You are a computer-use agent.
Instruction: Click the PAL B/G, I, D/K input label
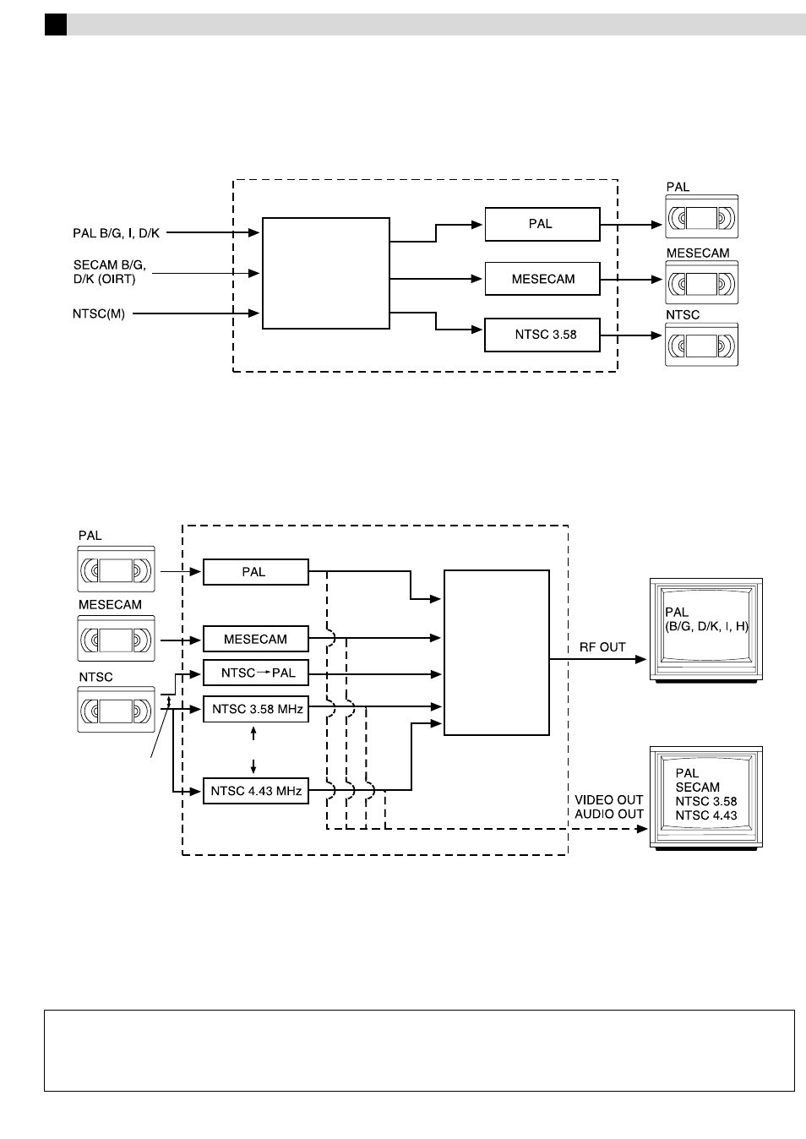116,233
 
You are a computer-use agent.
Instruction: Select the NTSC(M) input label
99,313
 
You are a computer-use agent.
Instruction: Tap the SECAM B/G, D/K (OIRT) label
109,272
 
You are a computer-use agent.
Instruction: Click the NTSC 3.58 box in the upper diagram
542,335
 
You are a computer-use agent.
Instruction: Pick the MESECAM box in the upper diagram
542,279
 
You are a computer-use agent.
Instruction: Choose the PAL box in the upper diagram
542,224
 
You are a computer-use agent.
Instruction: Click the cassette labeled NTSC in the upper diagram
702,345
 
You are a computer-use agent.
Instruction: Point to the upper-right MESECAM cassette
702,283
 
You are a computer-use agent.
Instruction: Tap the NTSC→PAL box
256,673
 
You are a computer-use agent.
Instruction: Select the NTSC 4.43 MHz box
256,791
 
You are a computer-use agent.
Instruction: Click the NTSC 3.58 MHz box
256,709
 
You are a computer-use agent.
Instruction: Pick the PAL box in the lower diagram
256,572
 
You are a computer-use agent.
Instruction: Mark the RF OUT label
602,647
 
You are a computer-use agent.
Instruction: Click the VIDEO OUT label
608,800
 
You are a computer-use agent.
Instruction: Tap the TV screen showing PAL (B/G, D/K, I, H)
705,629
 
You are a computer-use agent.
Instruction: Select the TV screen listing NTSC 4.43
705,798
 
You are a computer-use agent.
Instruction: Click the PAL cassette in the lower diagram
116,569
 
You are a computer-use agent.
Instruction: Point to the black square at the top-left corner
56,25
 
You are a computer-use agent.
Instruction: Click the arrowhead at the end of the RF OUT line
641,660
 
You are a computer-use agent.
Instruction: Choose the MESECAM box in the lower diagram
256,639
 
